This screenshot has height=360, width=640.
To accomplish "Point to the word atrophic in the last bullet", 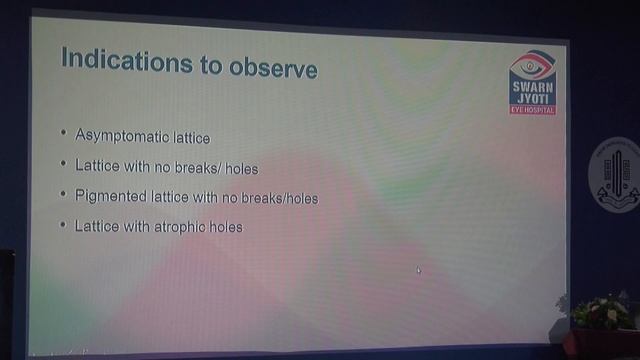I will tap(182, 228).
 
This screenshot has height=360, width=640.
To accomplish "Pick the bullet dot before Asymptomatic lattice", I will tap(63, 133).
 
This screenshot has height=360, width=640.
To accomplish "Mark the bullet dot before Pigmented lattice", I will tap(63, 195).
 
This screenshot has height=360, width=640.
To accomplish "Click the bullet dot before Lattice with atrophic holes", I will tap(63, 226).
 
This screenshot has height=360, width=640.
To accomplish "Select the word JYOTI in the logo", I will tap(531, 97).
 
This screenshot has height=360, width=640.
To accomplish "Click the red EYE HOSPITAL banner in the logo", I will tap(531, 108).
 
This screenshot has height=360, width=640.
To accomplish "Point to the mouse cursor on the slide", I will tap(418, 269).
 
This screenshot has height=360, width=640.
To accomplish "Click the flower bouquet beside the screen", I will tap(604, 312).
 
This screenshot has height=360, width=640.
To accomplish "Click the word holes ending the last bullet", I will tap(226, 228).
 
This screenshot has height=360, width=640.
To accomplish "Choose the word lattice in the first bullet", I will tap(191, 136).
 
